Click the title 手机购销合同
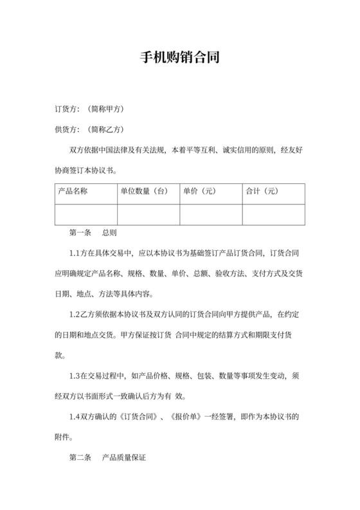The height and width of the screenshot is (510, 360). click(x=180, y=57)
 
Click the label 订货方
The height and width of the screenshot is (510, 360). click(x=67, y=109)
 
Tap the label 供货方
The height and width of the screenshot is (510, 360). click(x=67, y=129)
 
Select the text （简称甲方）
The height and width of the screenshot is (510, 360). click(x=104, y=109)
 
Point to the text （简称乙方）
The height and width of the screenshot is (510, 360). click(x=104, y=129)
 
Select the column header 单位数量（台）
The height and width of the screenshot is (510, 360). click(x=144, y=191)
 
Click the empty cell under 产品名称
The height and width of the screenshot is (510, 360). click(x=86, y=213)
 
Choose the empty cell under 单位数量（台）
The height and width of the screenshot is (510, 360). click(x=148, y=213)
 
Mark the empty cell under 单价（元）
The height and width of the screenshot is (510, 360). click(x=211, y=213)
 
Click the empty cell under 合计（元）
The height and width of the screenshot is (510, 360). click(x=273, y=213)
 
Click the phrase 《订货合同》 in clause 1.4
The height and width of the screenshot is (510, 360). click(x=137, y=417)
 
